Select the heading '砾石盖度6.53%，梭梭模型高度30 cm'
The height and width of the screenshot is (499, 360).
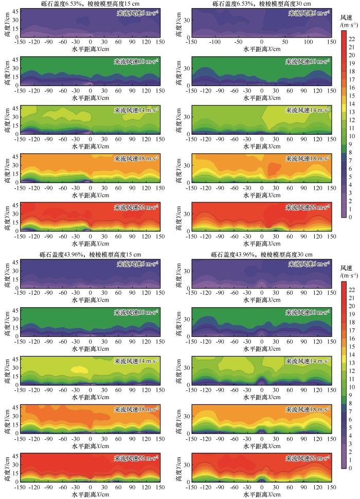point(262,4)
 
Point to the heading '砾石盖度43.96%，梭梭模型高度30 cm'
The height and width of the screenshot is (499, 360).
point(262,255)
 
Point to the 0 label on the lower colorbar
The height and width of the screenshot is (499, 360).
point(350,468)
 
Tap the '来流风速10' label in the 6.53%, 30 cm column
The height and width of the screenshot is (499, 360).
point(309,62)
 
